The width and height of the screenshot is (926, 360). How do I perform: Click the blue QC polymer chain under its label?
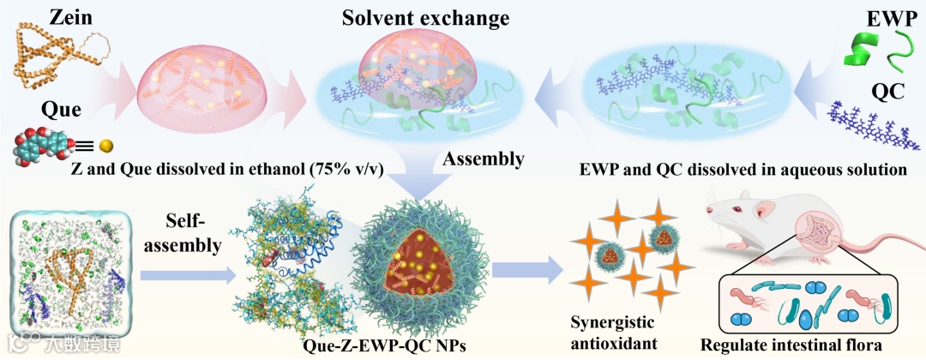pos(875,126)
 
